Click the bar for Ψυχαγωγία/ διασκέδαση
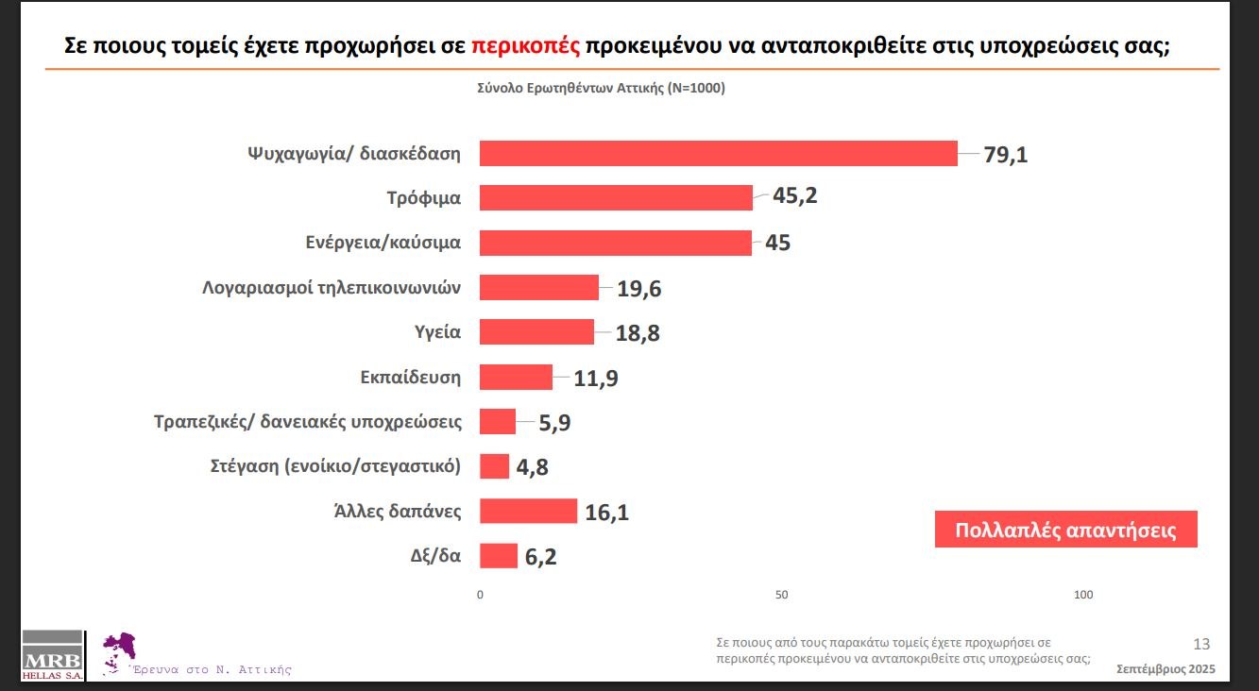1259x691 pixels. (x=718, y=153)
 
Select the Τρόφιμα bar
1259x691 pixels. (x=616, y=197)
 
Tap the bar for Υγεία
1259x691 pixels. (x=536, y=332)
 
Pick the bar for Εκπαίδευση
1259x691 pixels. (x=516, y=378)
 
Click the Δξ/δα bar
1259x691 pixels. (x=499, y=556)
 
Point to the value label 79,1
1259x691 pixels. (x=1005, y=154)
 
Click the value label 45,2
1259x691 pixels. (x=795, y=197)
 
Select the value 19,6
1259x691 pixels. (x=639, y=289)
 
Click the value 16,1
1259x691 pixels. (x=607, y=513)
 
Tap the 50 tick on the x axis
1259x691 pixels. (x=781, y=595)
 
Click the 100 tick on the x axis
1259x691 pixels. (x=1083, y=595)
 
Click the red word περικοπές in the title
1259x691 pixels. (x=525, y=46)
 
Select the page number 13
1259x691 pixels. (x=1201, y=645)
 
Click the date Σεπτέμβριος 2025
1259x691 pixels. (x=1165, y=668)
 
